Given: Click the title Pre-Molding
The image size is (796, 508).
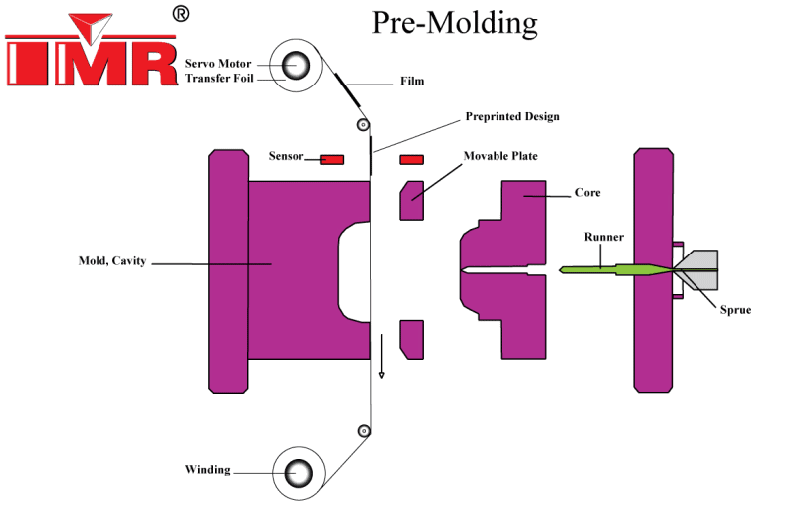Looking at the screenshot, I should [455, 22].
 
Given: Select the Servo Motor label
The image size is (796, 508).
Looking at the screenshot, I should [219, 64].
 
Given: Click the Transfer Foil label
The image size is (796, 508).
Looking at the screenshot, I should [221, 79].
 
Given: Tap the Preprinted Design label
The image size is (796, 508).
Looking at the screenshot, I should [512, 117].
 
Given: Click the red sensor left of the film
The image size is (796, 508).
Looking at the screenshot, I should [331, 159].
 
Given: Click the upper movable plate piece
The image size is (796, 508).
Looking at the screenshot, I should [412, 199].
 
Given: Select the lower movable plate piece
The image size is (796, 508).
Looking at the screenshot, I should [412, 338].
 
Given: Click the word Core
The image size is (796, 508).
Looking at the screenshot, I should [587, 193].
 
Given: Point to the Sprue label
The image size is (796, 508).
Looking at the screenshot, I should [735, 310].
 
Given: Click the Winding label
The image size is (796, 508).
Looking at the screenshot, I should [207, 469].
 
